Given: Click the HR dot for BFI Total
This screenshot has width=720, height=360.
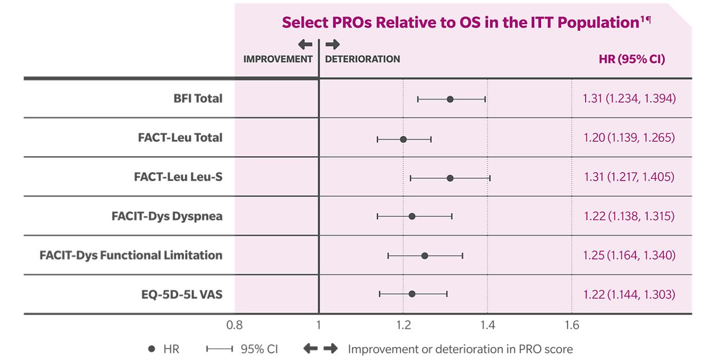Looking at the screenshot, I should click(x=450, y=99).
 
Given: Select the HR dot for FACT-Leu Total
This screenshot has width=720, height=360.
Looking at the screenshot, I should click(x=403, y=138).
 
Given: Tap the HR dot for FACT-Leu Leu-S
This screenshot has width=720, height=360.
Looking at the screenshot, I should click(x=450, y=178).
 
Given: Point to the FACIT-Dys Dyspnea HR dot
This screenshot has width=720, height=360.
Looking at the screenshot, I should click(x=412, y=217).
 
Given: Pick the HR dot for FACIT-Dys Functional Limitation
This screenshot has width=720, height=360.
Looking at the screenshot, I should click(x=425, y=256).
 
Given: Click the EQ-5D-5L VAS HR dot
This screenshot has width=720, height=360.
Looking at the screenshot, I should click(x=412, y=294).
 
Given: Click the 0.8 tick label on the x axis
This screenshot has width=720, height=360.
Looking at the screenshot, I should click(x=235, y=325).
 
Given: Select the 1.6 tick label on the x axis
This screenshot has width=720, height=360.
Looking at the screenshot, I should click(x=571, y=325).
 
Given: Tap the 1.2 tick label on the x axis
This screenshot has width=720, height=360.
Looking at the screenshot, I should click(x=403, y=325).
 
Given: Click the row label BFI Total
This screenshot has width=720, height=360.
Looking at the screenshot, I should click(x=198, y=98).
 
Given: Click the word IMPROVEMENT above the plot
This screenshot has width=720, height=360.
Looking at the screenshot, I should click(x=277, y=59).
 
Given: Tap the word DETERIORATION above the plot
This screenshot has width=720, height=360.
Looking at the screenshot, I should click(x=363, y=59).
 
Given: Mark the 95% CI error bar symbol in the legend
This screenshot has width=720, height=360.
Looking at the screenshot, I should click(x=219, y=349).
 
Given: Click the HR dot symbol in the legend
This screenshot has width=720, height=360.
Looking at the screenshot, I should click(x=151, y=349).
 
